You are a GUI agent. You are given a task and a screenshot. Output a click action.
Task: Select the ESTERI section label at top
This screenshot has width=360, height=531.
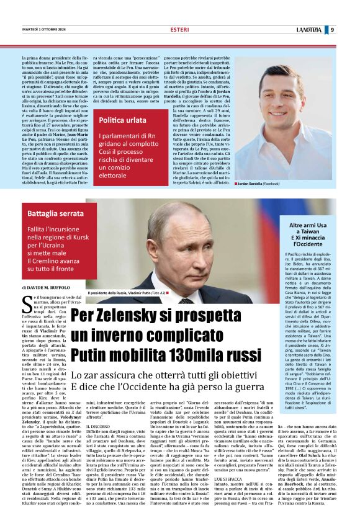coord(179,29)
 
